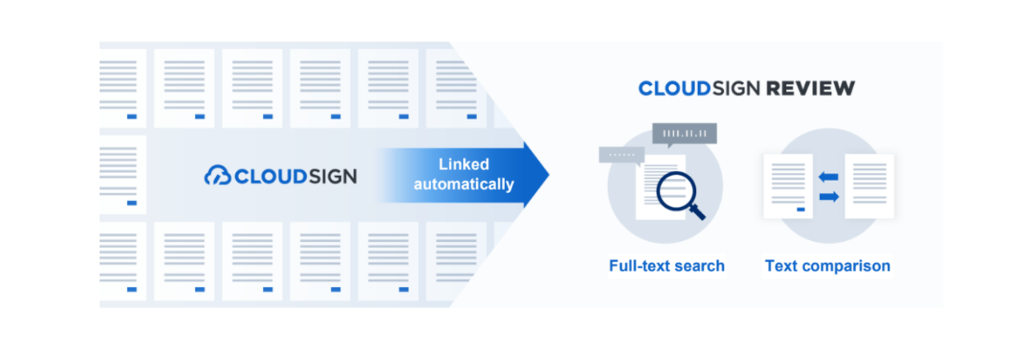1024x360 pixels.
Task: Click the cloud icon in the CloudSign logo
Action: (217, 175)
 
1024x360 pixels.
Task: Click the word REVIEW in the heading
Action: (810, 88)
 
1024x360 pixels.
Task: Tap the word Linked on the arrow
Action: (464, 164)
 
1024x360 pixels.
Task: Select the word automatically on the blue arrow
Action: (464, 184)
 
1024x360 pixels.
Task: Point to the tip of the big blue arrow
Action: (549, 174)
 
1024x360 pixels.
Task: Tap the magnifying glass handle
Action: (698, 212)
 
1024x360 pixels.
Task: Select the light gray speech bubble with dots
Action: (622, 156)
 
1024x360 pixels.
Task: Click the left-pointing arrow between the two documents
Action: (828, 177)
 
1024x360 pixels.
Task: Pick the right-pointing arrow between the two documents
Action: (829, 197)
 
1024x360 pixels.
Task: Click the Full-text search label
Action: (666, 266)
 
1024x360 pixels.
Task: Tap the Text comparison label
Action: (828, 266)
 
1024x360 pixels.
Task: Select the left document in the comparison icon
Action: (788, 186)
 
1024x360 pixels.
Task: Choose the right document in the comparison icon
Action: (869, 186)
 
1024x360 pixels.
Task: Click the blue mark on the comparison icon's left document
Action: (801, 209)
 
